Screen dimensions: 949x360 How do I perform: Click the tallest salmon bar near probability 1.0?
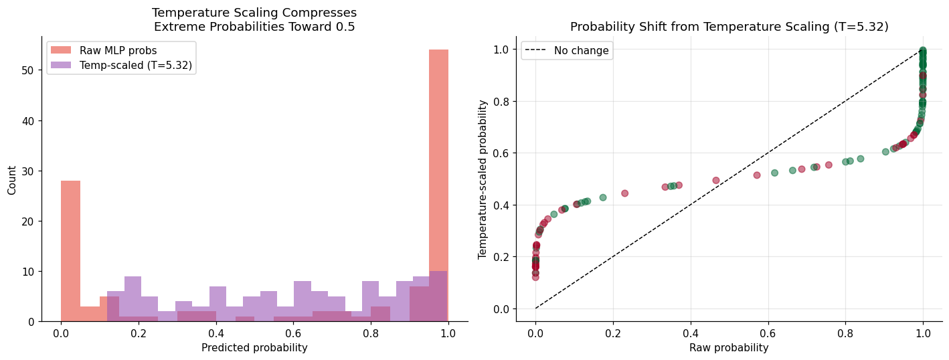pos(438,185)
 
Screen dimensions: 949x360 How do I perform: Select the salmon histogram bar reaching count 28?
pos(70,251)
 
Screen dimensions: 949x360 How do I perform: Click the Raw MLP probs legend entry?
pos(104,50)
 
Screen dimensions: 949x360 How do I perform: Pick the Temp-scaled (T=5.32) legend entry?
pos(121,65)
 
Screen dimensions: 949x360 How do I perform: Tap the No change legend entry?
pos(567,50)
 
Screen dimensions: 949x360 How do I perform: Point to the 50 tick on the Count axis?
pos(27,70)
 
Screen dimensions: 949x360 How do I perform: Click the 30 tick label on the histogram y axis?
pos(27,171)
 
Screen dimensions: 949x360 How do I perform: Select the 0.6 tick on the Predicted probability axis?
pos(293,333)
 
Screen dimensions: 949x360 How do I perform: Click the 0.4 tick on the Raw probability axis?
pos(691,333)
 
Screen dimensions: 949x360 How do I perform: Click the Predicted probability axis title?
pos(254,348)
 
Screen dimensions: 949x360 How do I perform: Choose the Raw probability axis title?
pos(729,348)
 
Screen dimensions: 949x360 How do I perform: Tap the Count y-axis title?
pos(11,180)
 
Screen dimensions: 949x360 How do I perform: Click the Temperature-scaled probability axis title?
pos(482,179)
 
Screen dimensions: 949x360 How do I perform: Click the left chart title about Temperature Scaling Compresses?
pos(254,19)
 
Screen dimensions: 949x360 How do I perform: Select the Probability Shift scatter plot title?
pos(729,26)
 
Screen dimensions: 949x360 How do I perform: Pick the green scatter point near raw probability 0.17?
pos(603,197)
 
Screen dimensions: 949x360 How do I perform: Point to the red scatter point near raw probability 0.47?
pos(716,181)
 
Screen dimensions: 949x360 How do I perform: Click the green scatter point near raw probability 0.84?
pos(861,159)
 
